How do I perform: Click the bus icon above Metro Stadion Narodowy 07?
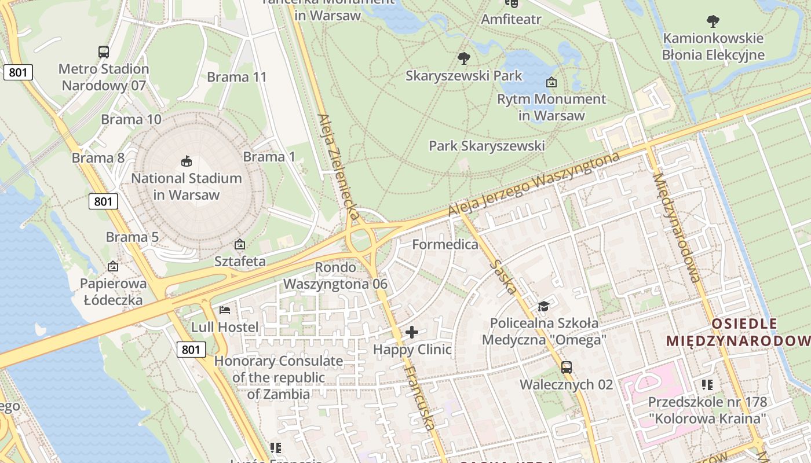coord(104,52)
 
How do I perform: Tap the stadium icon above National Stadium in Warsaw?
coord(187,161)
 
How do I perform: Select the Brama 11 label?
coord(237,77)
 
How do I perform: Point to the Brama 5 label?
coord(132,237)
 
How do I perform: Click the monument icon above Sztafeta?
coord(240,245)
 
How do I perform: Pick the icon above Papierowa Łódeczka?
coord(113,267)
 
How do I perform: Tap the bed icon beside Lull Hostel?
coord(225,311)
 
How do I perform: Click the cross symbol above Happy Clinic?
coord(412,332)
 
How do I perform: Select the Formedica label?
coord(445,245)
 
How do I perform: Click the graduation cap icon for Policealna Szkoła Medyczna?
coord(543,306)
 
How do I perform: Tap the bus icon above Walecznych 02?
coord(566,368)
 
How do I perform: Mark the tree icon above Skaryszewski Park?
coord(463,58)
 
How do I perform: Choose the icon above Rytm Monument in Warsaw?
coord(551,82)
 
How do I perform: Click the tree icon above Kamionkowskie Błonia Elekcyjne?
coord(713,22)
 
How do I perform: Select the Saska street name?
coord(502,276)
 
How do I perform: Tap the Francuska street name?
coord(419,398)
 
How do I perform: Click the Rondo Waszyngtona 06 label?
coord(335,276)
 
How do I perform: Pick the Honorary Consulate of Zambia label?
coord(279,377)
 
